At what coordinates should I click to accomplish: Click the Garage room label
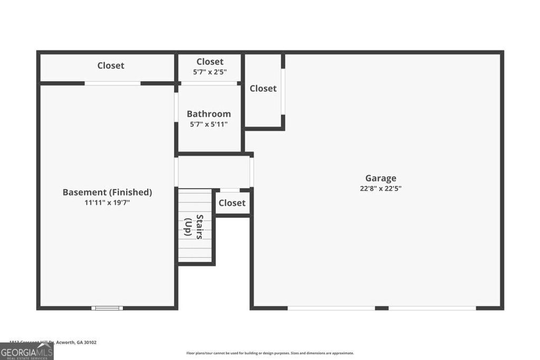click(380, 178)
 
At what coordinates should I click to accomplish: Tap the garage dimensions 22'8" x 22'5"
click(380, 188)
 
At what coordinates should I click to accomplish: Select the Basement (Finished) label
click(107, 192)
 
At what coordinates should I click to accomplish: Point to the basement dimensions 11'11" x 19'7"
click(107, 202)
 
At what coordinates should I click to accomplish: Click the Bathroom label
click(209, 114)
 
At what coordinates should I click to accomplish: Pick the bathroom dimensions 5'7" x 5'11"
click(209, 124)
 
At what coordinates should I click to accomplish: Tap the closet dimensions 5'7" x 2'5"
click(210, 72)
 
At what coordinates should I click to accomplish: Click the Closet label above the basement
click(111, 65)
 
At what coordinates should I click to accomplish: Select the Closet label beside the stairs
click(232, 203)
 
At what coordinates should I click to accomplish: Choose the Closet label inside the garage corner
click(263, 89)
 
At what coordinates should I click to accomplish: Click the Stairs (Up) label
click(194, 227)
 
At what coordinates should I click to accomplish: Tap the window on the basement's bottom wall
click(107, 308)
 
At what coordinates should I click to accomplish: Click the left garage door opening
click(331, 308)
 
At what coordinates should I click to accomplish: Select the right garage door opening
click(432, 308)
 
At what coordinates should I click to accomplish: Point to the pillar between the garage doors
click(382, 308)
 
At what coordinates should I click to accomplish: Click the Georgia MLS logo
click(26, 352)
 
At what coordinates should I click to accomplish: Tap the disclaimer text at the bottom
click(270, 353)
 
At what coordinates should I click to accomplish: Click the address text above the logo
click(53, 342)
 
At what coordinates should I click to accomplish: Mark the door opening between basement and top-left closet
click(113, 83)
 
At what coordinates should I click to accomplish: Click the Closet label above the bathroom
click(210, 62)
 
